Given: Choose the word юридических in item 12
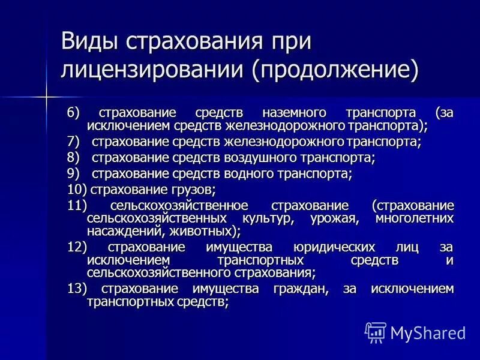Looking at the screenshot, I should tap(334, 247).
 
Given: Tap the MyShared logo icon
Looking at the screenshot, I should tap(375, 332).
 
